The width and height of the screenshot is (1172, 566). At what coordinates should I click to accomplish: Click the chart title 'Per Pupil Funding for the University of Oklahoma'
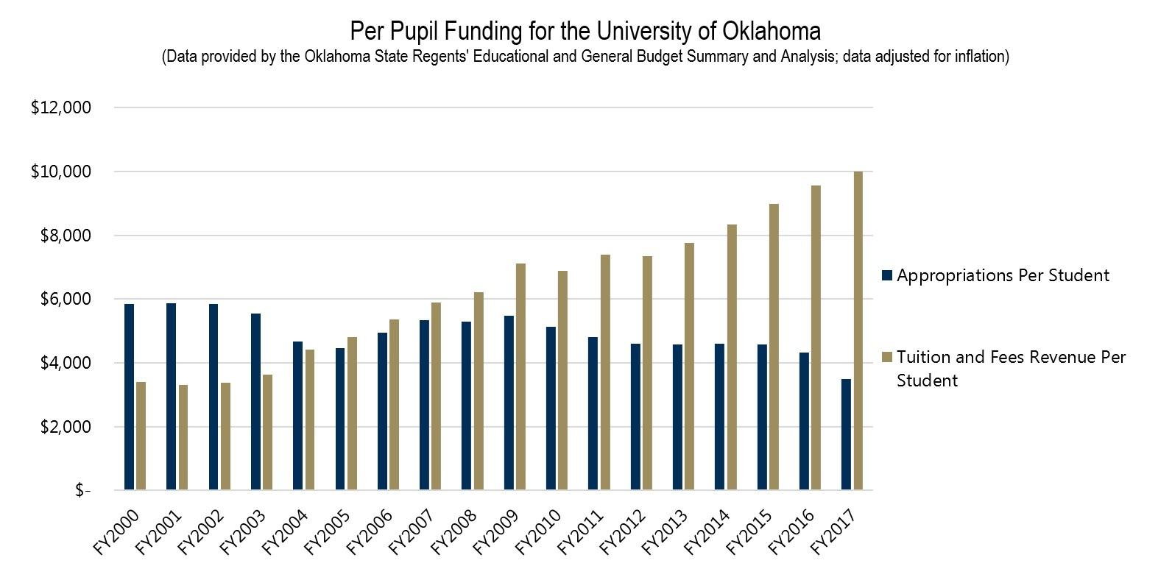click(x=585, y=31)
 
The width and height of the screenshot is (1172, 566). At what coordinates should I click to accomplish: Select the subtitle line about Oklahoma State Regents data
click(x=585, y=57)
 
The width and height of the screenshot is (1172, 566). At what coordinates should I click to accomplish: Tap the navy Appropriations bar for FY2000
click(x=130, y=397)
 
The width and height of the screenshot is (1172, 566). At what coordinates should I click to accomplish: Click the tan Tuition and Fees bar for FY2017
click(x=858, y=330)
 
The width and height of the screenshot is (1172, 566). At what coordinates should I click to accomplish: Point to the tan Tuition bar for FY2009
click(x=520, y=376)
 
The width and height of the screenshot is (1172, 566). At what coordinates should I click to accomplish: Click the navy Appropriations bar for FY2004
click(x=298, y=415)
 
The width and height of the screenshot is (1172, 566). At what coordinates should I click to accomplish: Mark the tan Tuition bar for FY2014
click(x=732, y=357)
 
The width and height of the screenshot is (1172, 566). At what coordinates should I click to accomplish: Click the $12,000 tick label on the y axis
click(x=61, y=108)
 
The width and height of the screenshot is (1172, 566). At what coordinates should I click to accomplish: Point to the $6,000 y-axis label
click(x=61, y=300)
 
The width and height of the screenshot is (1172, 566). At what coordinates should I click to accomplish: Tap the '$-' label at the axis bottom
click(x=82, y=491)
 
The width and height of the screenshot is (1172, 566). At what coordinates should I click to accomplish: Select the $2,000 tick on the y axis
click(x=61, y=427)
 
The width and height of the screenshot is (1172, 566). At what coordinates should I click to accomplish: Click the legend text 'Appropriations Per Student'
click(x=1003, y=275)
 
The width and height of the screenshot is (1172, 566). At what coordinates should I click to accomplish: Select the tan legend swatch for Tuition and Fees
click(x=887, y=358)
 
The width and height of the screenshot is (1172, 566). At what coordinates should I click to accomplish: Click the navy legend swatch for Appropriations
click(x=887, y=275)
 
